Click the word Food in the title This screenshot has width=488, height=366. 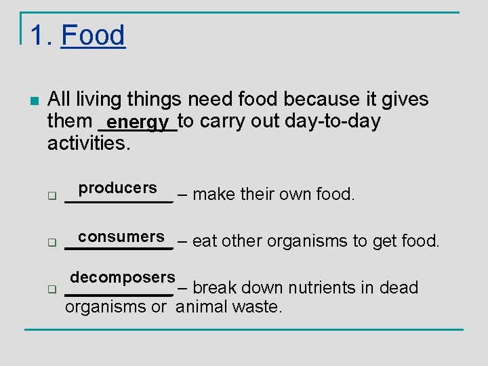point(93,35)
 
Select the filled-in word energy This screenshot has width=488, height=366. point(138,123)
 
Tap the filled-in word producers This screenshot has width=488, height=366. point(117,188)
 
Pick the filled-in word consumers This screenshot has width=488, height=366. point(121,237)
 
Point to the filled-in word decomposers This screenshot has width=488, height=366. point(123,277)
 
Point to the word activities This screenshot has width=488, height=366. point(88,143)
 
